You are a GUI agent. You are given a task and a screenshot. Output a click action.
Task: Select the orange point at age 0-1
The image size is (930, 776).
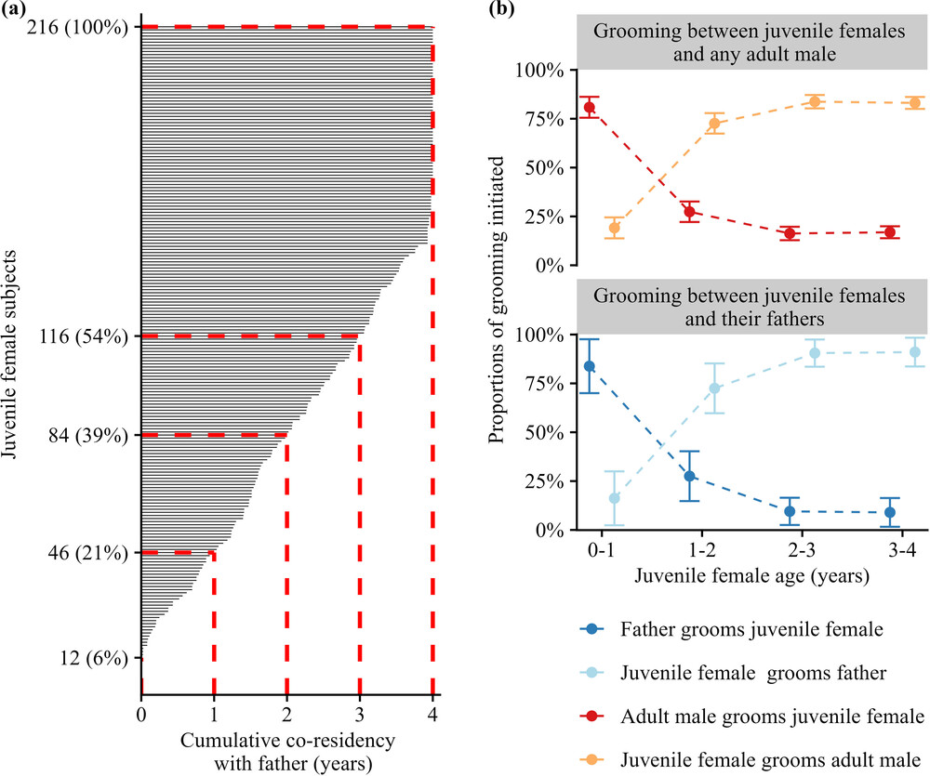pyautogui.click(x=615, y=228)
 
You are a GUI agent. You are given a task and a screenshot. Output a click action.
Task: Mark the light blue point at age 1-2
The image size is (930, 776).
pyautogui.click(x=714, y=388)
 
